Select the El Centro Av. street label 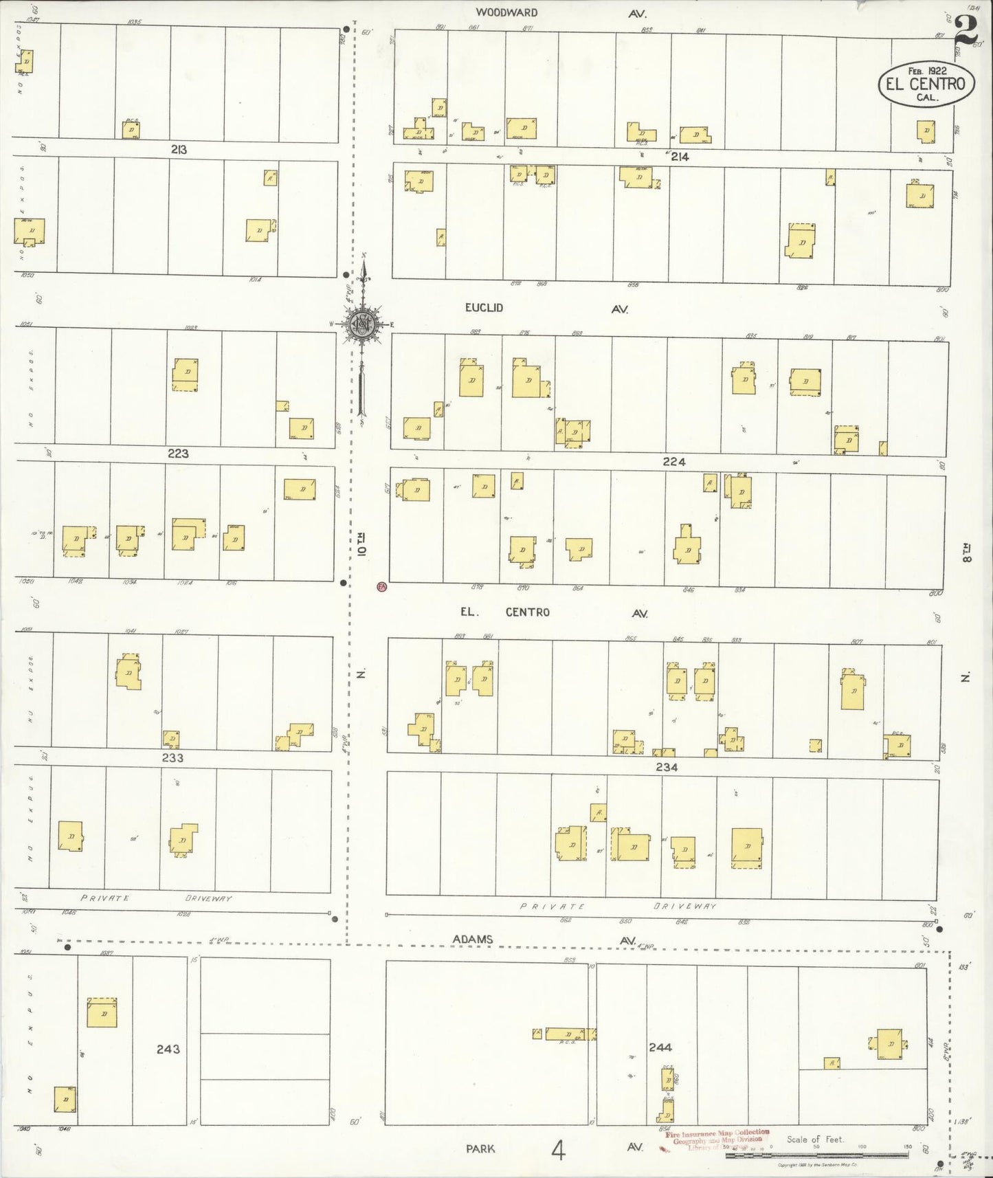pyautogui.click(x=554, y=612)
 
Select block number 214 pyautogui.click(x=680, y=157)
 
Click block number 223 pyautogui.click(x=177, y=454)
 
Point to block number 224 pyautogui.click(x=674, y=462)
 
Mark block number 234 pyautogui.click(x=667, y=766)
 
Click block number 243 pyautogui.click(x=168, y=1049)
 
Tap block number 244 pyautogui.click(x=660, y=1047)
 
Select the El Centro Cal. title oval pyautogui.click(x=925, y=84)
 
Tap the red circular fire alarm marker pyautogui.click(x=382, y=587)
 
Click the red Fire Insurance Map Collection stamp pyautogui.click(x=715, y=1137)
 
